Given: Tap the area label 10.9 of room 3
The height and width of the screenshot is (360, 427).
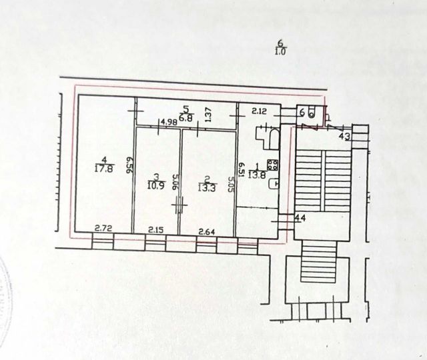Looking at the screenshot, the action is click(x=155, y=185).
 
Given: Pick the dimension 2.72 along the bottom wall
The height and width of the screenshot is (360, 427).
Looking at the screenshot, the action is click(x=103, y=229).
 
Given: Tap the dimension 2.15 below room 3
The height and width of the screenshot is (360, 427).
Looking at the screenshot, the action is click(x=155, y=230).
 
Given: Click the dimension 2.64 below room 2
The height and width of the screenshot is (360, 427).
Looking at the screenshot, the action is click(x=207, y=230).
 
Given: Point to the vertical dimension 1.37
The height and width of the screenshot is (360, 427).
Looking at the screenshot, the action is click(x=208, y=115).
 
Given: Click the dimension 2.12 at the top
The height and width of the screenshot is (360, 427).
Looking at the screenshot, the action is click(x=260, y=111).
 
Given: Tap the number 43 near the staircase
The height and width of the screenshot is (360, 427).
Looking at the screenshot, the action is click(x=344, y=137).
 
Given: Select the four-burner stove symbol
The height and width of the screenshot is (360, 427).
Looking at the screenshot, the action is click(x=272, y=164).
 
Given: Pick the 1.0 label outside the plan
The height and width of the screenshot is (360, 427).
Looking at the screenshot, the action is click(x=280, y=51).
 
